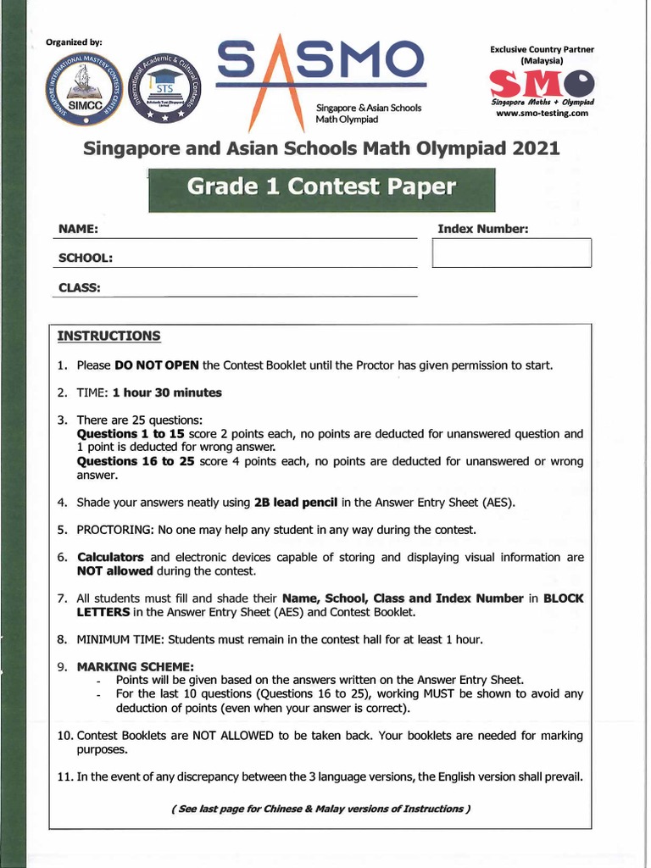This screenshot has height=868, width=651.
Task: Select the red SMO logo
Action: click(x=541, y=83)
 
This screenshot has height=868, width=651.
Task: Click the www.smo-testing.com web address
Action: click(x=542, y=113)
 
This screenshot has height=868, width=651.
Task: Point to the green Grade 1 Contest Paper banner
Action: click(x=321, y=188)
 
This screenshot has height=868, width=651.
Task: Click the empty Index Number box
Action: click(x=511, y=253)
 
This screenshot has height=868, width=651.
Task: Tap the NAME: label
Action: click(x=78, y=230)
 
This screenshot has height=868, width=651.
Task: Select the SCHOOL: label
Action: click(x=86, y=258)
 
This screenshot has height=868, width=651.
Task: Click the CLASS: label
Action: click(x=80, y=287)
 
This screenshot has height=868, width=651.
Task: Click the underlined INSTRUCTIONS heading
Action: click(x=108, y=336)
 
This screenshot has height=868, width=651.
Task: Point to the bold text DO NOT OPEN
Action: click(x=157, y=365)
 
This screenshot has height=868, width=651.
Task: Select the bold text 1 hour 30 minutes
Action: click(x=167, y=392)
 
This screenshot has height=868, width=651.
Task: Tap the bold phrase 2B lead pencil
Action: click(x=296, y=502)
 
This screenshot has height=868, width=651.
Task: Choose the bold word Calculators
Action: click(x=111, y=557)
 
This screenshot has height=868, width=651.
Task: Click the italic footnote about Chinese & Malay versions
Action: click(x=320, y=808)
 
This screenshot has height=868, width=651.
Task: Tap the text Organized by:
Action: click(x=74, y=42)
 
